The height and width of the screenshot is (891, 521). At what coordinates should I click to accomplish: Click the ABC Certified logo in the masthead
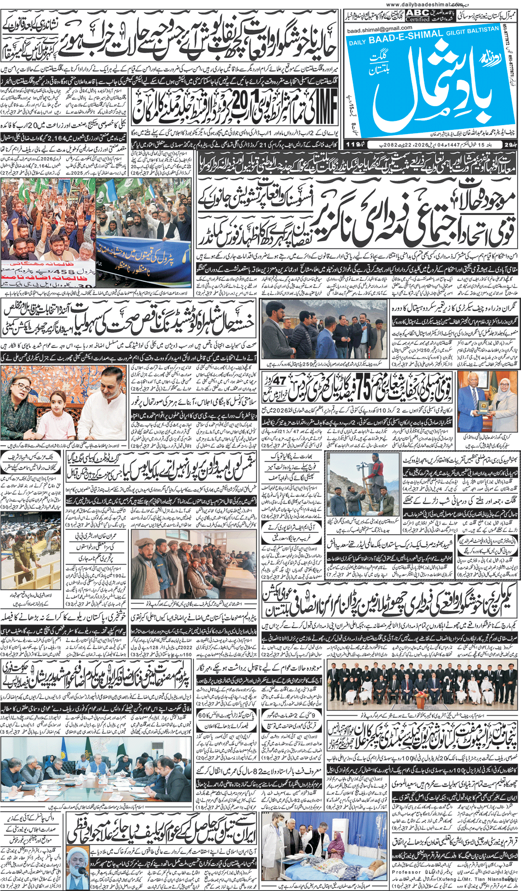[x=417, y=15]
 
